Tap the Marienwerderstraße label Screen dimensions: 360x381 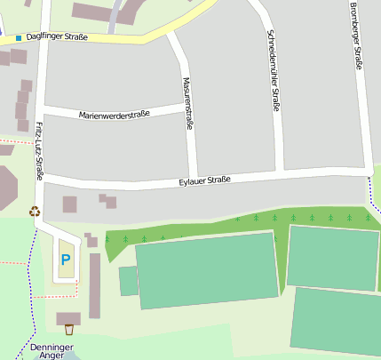click(114, 115)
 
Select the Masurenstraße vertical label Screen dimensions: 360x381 click(188, 104)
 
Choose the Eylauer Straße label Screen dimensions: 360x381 click(204, 180)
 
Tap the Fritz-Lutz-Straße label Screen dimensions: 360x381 click(40, 150)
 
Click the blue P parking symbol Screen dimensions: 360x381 click(65, 260)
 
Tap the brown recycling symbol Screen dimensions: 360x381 click(35, 212)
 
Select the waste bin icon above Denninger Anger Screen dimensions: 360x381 click(68, 330)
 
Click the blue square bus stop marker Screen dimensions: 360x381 click(18, 39)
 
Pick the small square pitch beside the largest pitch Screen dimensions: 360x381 click(129, 281)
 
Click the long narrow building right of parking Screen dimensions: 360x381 click(94, 284)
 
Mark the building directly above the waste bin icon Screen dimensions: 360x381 click(68, 317)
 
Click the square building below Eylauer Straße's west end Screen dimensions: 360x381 click(69, 204)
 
